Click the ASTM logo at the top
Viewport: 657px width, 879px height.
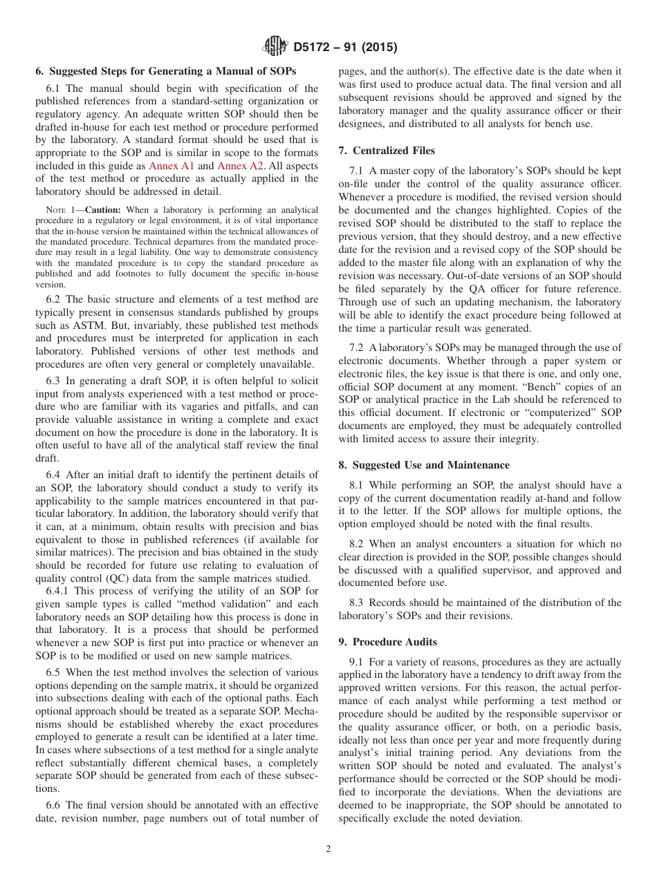pyautogui.click(x=275, y=48)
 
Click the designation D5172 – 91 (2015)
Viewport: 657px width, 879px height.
pyautogui.click(x=342, y=48)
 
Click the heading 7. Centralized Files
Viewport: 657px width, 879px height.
pyautogui.click(x=387, y=150)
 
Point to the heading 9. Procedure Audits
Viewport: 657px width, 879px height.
pyautogui.click(x=387, y=642)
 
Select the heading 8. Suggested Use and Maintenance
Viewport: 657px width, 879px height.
pyautogui.click(x=424, y=465)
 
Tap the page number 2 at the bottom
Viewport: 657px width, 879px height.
pyautogui.click(x=328, y=849)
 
